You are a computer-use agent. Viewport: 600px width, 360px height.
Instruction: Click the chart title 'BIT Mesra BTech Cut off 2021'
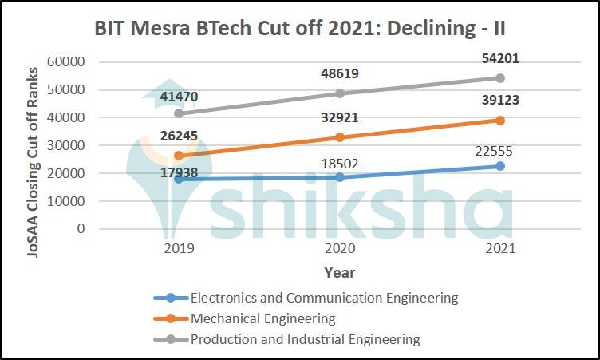tap(300, 28)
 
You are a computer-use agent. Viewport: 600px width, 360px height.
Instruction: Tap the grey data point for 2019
tap(179, 113)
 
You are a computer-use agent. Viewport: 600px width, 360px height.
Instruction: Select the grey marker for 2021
tap(499, 78)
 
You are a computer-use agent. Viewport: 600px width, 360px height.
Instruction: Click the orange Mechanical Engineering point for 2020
tap(339, 137)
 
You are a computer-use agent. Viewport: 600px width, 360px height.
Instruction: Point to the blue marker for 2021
tap(499, 166)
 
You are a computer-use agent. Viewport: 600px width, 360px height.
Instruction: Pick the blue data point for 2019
tap(179, 179)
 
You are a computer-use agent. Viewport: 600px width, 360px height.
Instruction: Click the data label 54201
tap(499, 59)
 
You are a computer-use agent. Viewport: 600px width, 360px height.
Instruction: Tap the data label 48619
tap(338, 73)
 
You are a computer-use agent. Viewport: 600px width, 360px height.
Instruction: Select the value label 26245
tap(179, 137)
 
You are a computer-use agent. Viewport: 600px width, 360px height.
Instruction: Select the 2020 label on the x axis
tap(339, 248)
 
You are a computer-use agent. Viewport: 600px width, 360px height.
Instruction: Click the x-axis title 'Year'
tap(339, 273)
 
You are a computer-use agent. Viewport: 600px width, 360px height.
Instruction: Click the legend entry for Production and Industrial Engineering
tap(304, 339)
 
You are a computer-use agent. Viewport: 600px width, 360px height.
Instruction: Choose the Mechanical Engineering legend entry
tap(262, 318)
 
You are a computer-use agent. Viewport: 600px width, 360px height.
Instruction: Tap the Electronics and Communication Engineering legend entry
tap(324, 298)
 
